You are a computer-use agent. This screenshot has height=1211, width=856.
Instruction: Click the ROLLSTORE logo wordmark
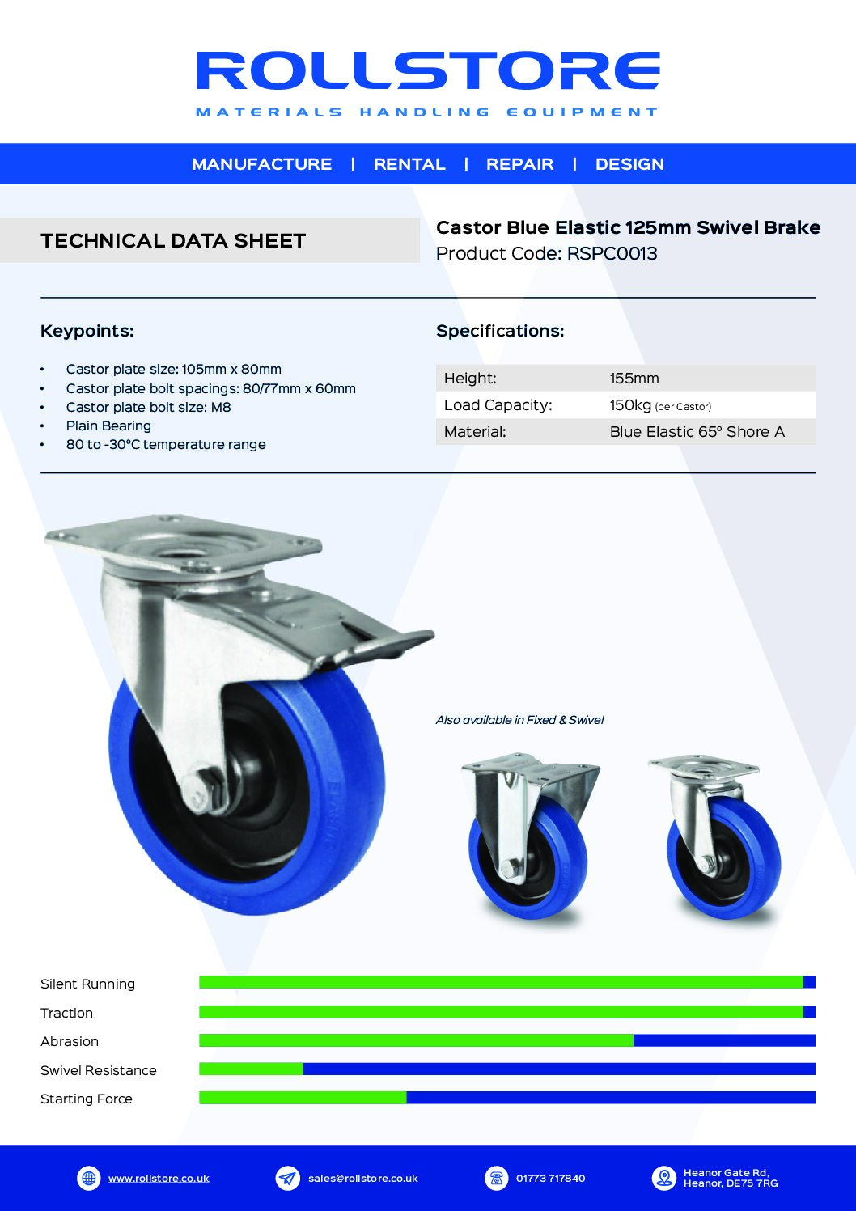pyautogui.click(x=428, y=70)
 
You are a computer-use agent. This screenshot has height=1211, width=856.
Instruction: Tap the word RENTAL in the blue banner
pyautogui.click(x=409, y=164)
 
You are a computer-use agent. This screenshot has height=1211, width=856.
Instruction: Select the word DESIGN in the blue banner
pyautogui.click(x=629, y=164)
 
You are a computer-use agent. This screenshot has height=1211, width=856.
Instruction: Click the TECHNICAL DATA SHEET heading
pyautogui.click(x=173, y=240)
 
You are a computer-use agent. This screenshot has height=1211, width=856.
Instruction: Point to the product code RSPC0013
pyautogui.click(x=612, y=253)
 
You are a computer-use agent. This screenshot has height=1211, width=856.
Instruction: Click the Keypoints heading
pyautogui.click(x=87, y=331)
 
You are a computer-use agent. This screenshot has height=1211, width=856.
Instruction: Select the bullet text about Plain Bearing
pyautogui.click(x=108, y=426)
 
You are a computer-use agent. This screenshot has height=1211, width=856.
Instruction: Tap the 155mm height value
pyautogui.click(x=634, y=379)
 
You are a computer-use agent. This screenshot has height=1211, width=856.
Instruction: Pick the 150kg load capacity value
pyautogui.click(x=630, y=405)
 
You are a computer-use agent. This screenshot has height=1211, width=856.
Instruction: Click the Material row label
pyautogui.click(x=475, y=432)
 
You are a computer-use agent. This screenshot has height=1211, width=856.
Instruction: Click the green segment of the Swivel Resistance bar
pyautogui.click(x=251, y=1069)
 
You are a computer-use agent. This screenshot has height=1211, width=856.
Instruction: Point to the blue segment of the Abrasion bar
pyautogui.click(x=724, y=1040)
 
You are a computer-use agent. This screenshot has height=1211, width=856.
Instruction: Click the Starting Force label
pyautogui.click(x=87, y=1099)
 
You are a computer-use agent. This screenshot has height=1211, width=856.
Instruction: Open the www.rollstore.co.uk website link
pyautogui.click(x=159, y=1178)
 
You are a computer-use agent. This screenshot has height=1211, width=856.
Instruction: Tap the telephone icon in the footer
pyautogui.click(x=497, y=1178)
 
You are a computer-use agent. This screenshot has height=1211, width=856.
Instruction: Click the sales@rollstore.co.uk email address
pyautogui.click(x=362, y=1178)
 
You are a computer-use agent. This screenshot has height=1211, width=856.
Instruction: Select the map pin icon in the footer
pyautogui.click(x=663, y=1178)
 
